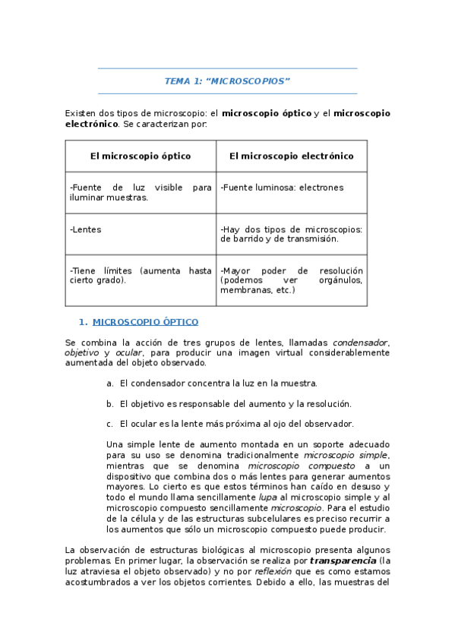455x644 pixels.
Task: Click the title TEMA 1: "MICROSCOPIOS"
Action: (227, 81)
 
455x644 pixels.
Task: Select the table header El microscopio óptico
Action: (141, 156)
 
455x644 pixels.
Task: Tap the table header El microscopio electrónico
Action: (291, 156)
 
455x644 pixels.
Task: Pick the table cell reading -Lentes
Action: (85, 229)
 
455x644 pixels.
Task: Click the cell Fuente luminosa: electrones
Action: (282, 188)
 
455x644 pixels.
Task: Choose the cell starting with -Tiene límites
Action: (141, 275)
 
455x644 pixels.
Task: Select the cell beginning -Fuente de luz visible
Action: (141, 192)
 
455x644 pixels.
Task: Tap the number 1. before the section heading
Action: (84, 322)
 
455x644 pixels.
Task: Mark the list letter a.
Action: (110, 384)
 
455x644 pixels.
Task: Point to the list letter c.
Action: (110, 424)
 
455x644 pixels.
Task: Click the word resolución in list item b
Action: (330, 404)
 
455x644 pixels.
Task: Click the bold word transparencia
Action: (343, 560)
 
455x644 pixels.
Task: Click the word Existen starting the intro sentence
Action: (81, 113)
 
